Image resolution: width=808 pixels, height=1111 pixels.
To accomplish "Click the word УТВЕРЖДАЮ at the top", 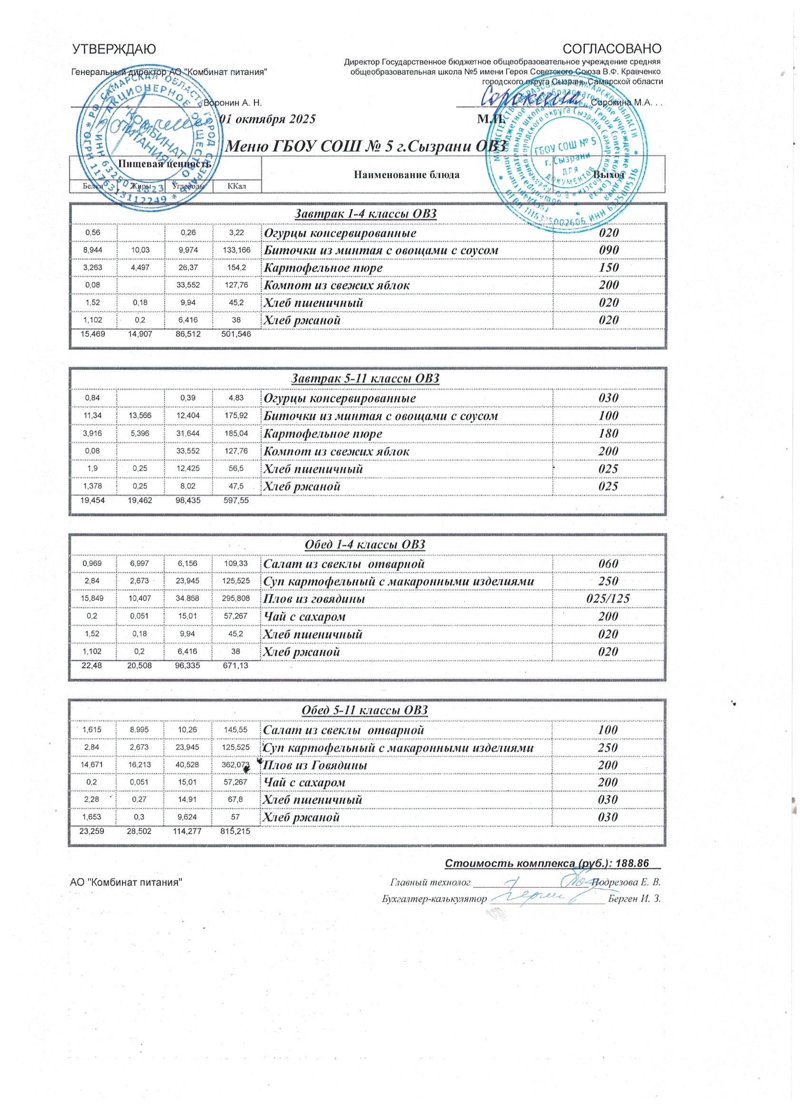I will pos(114,49).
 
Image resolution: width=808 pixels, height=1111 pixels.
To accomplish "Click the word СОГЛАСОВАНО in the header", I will pos(613,49).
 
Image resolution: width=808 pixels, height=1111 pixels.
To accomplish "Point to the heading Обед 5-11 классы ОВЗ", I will pos(365,710).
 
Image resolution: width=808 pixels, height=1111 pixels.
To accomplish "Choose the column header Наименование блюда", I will pos(407,175).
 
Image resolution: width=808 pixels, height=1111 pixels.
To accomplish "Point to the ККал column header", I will pos(237,186).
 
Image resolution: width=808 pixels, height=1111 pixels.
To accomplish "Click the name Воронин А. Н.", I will pos(232,104).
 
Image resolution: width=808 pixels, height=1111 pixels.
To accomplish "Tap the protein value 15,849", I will pos(93,599).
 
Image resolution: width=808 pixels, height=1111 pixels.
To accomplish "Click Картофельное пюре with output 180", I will pos(323,434).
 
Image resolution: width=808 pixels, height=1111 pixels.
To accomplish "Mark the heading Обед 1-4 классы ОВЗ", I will pos(365,545).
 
